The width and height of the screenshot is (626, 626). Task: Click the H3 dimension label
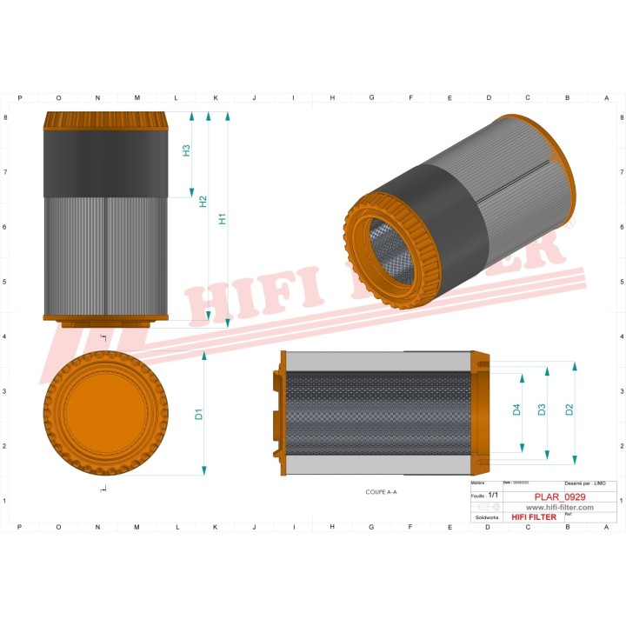click(186, 150)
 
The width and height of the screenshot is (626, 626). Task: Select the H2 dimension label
click(203, 201)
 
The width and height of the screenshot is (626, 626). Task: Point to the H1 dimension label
click(223, 219)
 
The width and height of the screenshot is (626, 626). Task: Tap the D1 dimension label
click(199, 414)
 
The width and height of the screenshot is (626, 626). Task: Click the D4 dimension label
click(516, 410)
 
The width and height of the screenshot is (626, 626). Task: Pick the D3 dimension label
click(542, 410)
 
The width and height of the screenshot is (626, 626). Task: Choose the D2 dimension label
click(569, 410)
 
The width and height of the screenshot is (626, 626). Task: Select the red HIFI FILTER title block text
click(533, 517)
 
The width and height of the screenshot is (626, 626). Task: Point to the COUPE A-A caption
click(381, 492)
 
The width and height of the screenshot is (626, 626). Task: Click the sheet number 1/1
click(493, 494)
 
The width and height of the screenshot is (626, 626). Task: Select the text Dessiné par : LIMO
click(584, 483)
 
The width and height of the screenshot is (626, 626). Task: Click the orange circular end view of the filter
click(103, 414)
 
